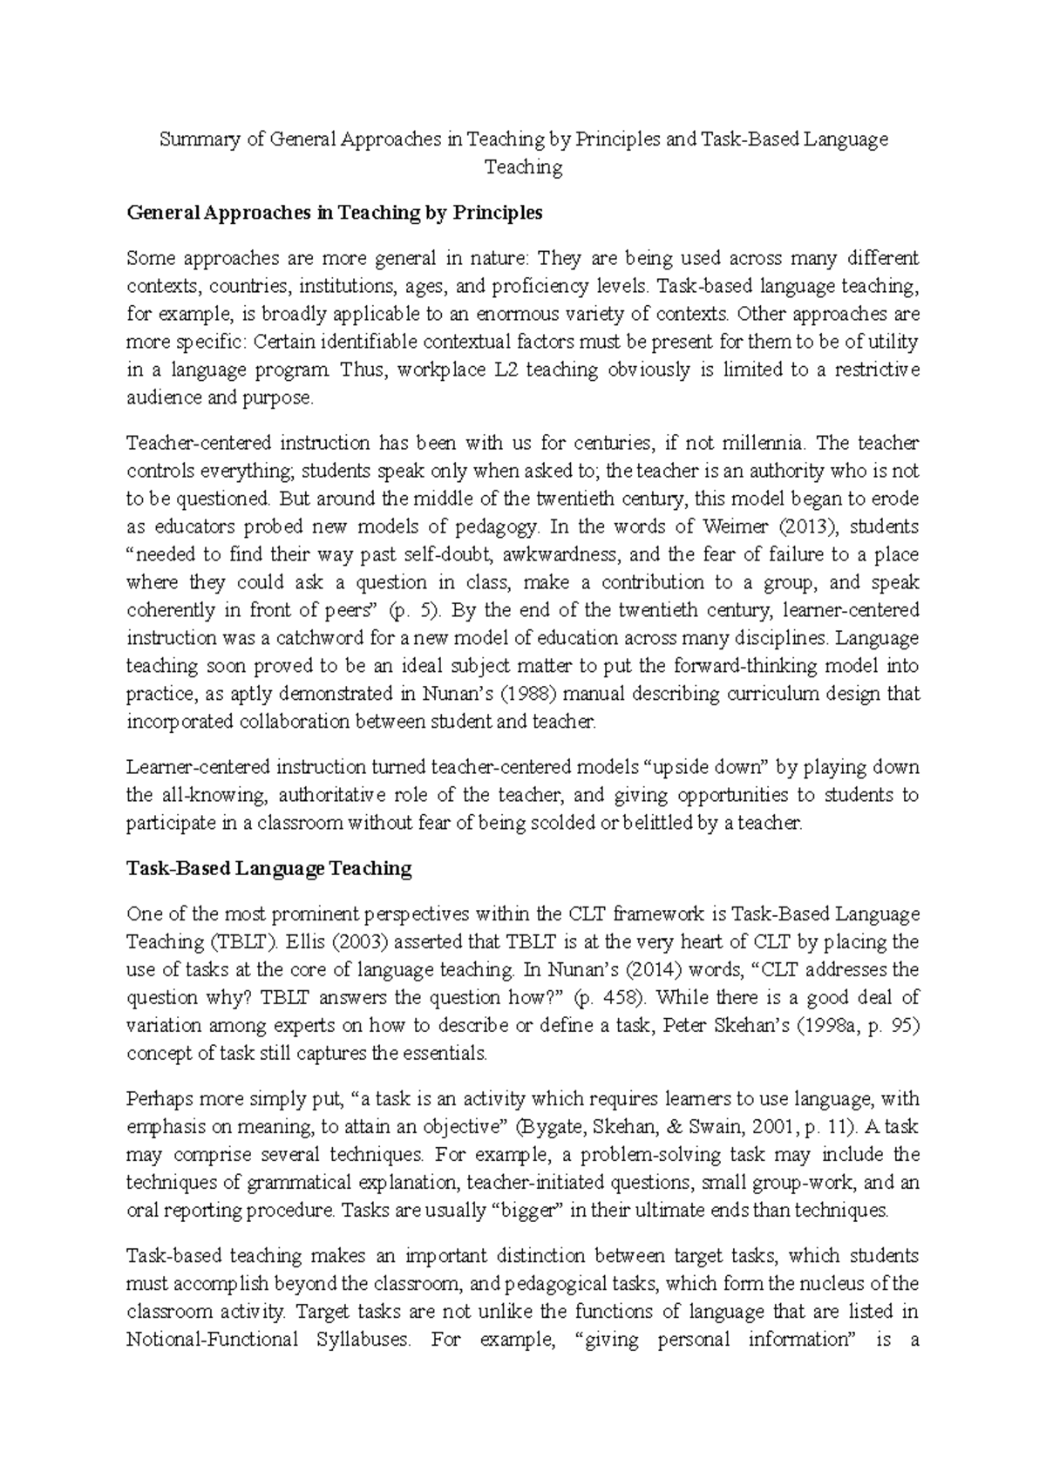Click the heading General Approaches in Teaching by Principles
[x=334, y=213]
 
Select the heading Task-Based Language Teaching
[x=268, y=868]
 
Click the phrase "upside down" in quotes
[x=705, y=767]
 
